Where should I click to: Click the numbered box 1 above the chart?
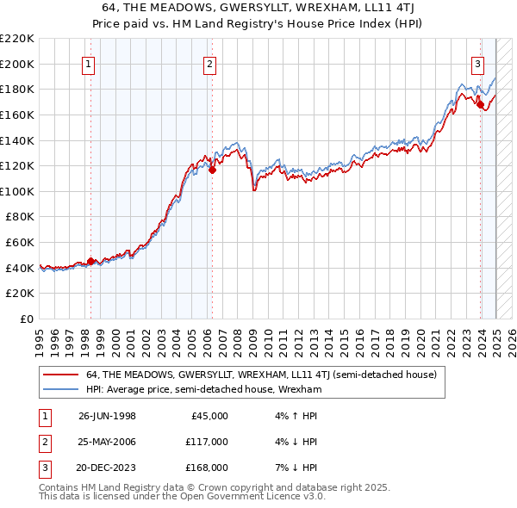pos(90,63)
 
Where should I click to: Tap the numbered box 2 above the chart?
pos(210,63)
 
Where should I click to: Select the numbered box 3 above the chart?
pos(477,63)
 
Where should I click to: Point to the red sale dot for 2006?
pos(212,170)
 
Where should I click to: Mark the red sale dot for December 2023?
pos(481,104)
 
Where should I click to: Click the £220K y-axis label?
pos(17,39)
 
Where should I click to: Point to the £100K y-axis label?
pos(17,191)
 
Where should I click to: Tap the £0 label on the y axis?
pos(26,319)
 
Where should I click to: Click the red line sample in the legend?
pos(60,375)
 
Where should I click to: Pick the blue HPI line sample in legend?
pos(60,389)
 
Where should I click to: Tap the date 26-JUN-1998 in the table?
pos(107,416)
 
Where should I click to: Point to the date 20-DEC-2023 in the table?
pos(107,468)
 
